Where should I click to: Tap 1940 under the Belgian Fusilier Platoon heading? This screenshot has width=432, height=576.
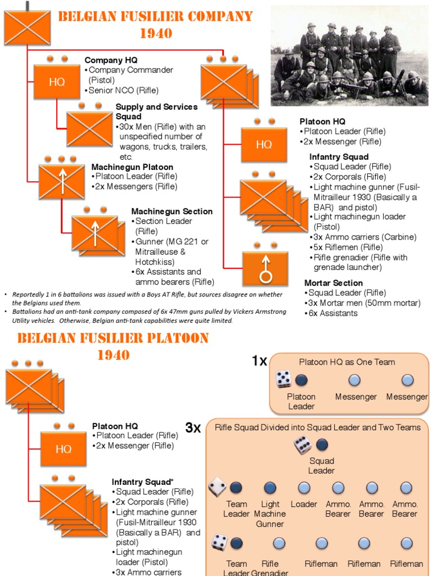(114, 355)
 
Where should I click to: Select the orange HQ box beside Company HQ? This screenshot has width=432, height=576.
(57, 82)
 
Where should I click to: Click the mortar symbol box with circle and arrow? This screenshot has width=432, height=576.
(265, 269)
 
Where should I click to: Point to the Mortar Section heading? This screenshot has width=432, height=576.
(334, 283)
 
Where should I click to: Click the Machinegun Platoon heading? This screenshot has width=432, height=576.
(132, 167)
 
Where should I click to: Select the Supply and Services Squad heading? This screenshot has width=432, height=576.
(156, 111)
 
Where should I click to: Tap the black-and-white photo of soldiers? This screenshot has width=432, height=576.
(349, 55)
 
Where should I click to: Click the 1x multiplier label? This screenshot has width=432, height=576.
(259, 361)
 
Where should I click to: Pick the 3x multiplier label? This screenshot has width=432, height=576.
(193, 428)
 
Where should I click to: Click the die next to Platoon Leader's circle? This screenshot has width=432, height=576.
(283, 380)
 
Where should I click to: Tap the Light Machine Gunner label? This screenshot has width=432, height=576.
(270, 514)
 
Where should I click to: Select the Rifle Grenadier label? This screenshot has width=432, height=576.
(270, 568)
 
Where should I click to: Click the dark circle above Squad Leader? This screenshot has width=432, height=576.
(322, 445)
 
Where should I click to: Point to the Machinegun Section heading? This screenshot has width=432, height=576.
(172, 211)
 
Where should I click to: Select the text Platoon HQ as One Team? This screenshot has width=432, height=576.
(346, 362)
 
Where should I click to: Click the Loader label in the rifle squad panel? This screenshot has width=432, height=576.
(304, 505)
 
